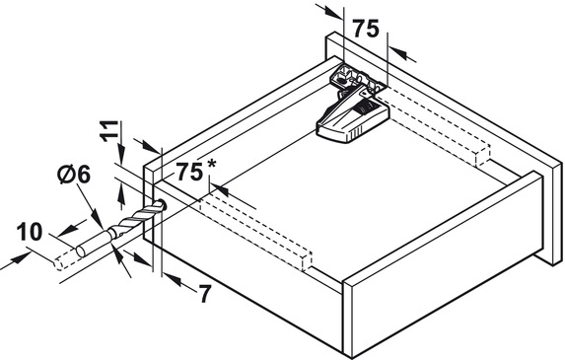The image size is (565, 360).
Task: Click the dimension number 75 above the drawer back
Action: click(x=366, y=29)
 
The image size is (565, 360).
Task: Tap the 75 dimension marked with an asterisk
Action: click(x=189, y=172)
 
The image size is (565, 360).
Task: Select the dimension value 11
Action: click(x=109, y=131)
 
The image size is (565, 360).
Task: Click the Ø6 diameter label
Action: click(x=74, y=175)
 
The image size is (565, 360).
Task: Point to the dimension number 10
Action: click(x=30, y=232)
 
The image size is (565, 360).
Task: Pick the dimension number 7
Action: click(x=204, y=294)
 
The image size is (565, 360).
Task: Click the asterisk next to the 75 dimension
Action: click(x=212, y=164)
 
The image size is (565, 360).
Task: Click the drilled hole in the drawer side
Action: click(x=162, y=205)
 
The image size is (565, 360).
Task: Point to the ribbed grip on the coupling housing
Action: click(x=355, y=134)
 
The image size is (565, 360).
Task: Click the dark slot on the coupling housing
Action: click(x=367, y=108)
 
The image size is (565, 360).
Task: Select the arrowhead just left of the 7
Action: click(x=173, y=280)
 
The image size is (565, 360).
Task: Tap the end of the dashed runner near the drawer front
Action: click(x=307, y=261)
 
